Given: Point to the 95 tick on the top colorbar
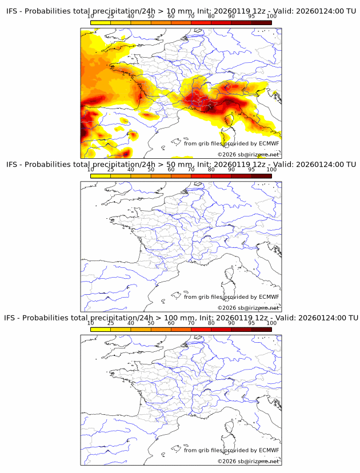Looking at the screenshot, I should (x=251, y=17).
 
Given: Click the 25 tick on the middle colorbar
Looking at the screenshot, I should (x=111, y=170).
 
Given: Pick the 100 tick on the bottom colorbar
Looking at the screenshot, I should (x=271, y=323).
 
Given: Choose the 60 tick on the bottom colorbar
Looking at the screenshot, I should (x=171, y=323).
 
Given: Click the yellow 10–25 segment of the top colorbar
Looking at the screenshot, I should (x=101, y=23).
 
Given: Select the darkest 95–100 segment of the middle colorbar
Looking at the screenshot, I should (x=261, y=176).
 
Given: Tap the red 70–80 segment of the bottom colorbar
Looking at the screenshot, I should (x=201, y=329).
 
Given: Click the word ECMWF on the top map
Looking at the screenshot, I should (x=269, y=143).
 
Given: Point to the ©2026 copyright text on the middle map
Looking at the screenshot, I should (x=227, y=308).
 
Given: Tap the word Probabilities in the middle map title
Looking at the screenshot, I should (x=49, y=165).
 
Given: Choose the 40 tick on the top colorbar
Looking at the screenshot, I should (x=131, y=17).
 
